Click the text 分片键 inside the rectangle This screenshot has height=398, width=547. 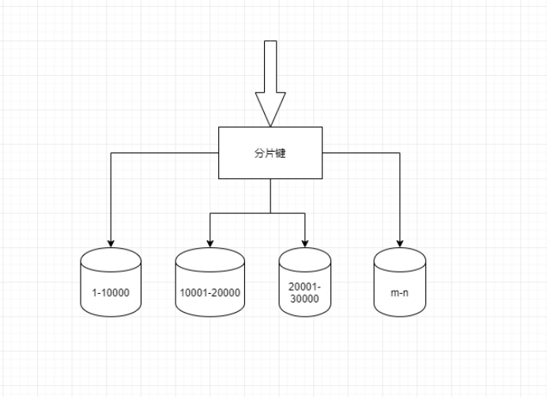point(270,153)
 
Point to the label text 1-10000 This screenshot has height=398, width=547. point(111,293)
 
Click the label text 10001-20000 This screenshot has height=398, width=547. point(209,293)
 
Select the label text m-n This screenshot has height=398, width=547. point(400,293)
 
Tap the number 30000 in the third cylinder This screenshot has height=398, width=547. point(305,299)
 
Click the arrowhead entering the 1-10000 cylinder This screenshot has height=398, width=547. point(111,242)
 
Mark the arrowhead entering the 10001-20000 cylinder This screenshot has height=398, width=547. point(209,242)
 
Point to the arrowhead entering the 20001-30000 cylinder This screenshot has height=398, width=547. point(305,242)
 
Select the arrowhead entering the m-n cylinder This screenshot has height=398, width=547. point(400,242)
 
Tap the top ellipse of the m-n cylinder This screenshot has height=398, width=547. point(400,257)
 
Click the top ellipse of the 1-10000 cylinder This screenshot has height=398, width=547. point(111,257)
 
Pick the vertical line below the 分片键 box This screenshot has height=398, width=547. point(270,196)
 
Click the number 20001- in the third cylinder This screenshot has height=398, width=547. point(305,287)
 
